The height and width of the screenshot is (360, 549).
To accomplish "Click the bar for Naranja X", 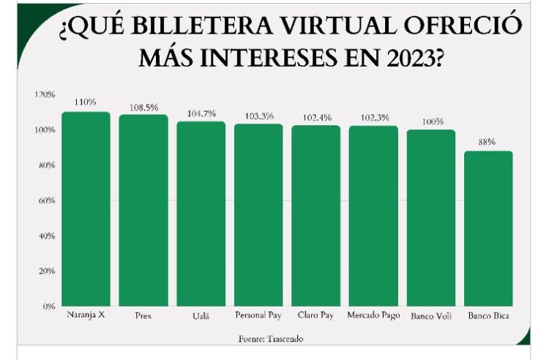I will (x=86, y=209).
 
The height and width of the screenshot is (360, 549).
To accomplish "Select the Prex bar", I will (x=143, y=210).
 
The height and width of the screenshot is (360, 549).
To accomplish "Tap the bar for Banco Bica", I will (x=488, y=228).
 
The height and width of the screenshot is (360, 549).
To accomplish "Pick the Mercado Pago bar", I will (x=373, y=216).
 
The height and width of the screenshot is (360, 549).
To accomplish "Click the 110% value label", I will (x=86, y=102).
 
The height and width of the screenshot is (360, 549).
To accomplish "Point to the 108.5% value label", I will (x=143, y=107).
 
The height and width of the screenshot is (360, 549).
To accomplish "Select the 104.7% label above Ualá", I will (x=201, y=113).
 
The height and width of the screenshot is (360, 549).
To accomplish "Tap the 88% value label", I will (x=488, y=143).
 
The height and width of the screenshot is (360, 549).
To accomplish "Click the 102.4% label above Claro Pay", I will (x=315, y=118).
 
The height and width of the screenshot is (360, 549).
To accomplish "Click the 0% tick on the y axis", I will (x=48, y=306).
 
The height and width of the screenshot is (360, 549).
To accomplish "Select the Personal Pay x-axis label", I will (x=258, y=315).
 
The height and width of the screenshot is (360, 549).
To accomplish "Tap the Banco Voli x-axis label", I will (x=430, y=315).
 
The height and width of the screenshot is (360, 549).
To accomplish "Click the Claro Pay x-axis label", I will (x=315, y=315).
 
